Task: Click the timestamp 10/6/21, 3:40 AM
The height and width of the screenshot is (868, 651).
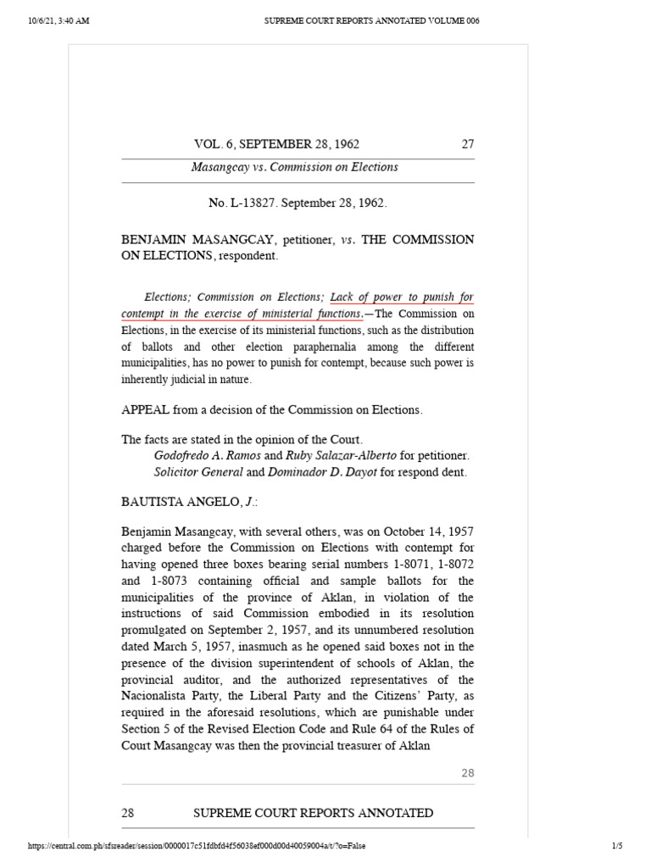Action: click(x=58, y=21)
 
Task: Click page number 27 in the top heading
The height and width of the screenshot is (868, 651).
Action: click(x=467, y=144)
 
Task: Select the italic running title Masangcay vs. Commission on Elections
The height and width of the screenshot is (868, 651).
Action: click(x=294, y=167)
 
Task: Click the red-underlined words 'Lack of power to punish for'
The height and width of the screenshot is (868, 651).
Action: click(x=402, y=298)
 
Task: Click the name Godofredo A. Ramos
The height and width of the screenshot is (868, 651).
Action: click(x=198, y=455)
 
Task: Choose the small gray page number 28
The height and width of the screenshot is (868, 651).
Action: click(x=467, y=773)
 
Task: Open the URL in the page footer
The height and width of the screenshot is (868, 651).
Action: click(x=198, y=846)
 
